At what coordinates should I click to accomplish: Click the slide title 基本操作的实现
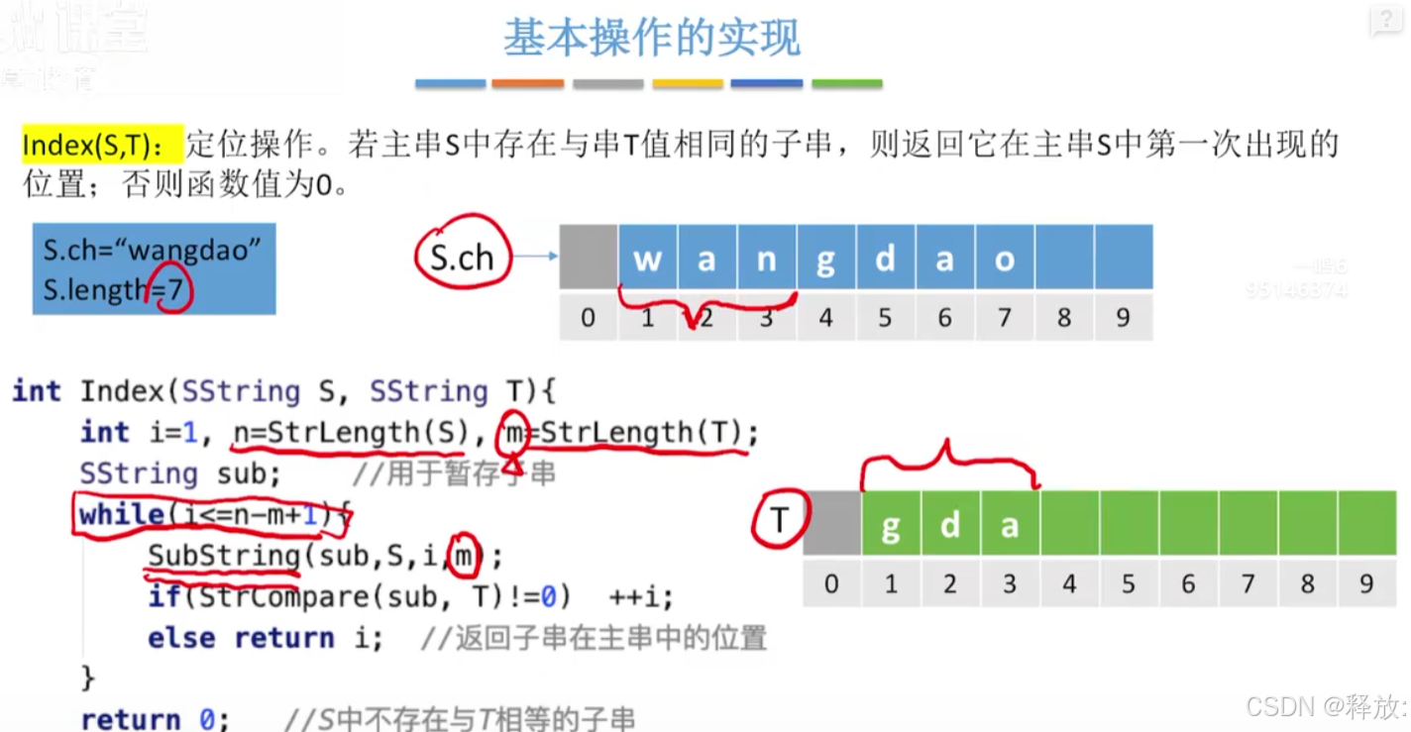click(x=651, y=38)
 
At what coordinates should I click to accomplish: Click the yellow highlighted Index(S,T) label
click(x=102, y=145)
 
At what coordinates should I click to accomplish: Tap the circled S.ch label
click(x=462, y=258)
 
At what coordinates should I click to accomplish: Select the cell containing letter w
click(x=647, y=259)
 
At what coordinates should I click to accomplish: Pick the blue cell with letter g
click(x=825, y=259)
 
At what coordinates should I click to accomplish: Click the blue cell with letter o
click(x=1005, y=259)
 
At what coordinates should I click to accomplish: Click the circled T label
click(x=780, y=522)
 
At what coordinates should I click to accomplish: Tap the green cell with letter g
click(x=891, y=524)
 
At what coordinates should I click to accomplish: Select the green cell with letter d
click(x=950, y=524)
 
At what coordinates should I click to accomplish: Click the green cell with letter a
click(x=1010, y=524)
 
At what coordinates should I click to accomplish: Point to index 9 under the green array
click(x=1366, y=583)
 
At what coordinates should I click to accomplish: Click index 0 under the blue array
click(x=589, y=317)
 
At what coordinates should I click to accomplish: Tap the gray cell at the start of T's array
click(x=831, y=524)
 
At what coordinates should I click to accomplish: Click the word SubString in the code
click(x=224, y=556)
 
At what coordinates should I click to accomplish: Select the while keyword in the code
click(x=121, y=514)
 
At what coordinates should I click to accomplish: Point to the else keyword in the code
click(x=181, y=638)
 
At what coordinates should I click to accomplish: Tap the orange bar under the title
click(x=528, y=84)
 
